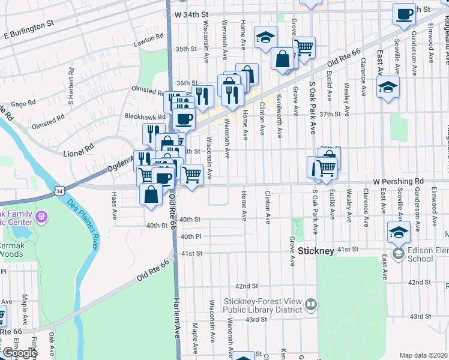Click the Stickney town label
[x=315, y=251]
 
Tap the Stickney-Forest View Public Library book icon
[x=311, y=305]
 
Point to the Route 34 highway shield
[x=58, y=190]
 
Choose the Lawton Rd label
[x=149, y=37]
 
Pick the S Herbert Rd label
[x=71, y=85]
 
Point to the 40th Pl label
[x=190, y=237]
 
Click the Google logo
[x=19, y=353]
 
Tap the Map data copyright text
[x=424, y=355]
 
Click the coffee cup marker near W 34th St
[x=404, y=13]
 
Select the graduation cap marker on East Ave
[x=388, y=86]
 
